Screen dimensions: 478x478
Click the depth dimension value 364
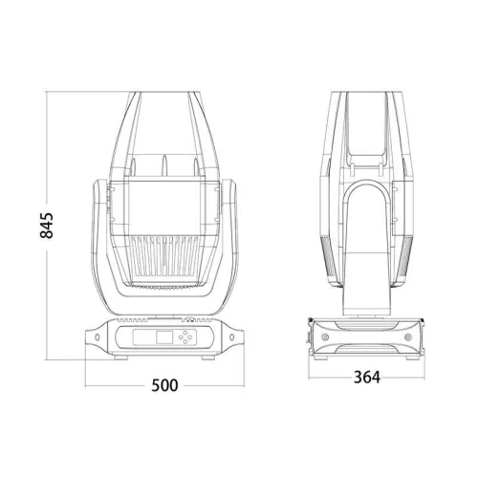point(365,377)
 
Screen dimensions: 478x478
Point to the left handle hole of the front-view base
point(98,337)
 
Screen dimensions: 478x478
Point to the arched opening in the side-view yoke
point(363,229)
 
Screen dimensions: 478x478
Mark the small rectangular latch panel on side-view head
point(363,143)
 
